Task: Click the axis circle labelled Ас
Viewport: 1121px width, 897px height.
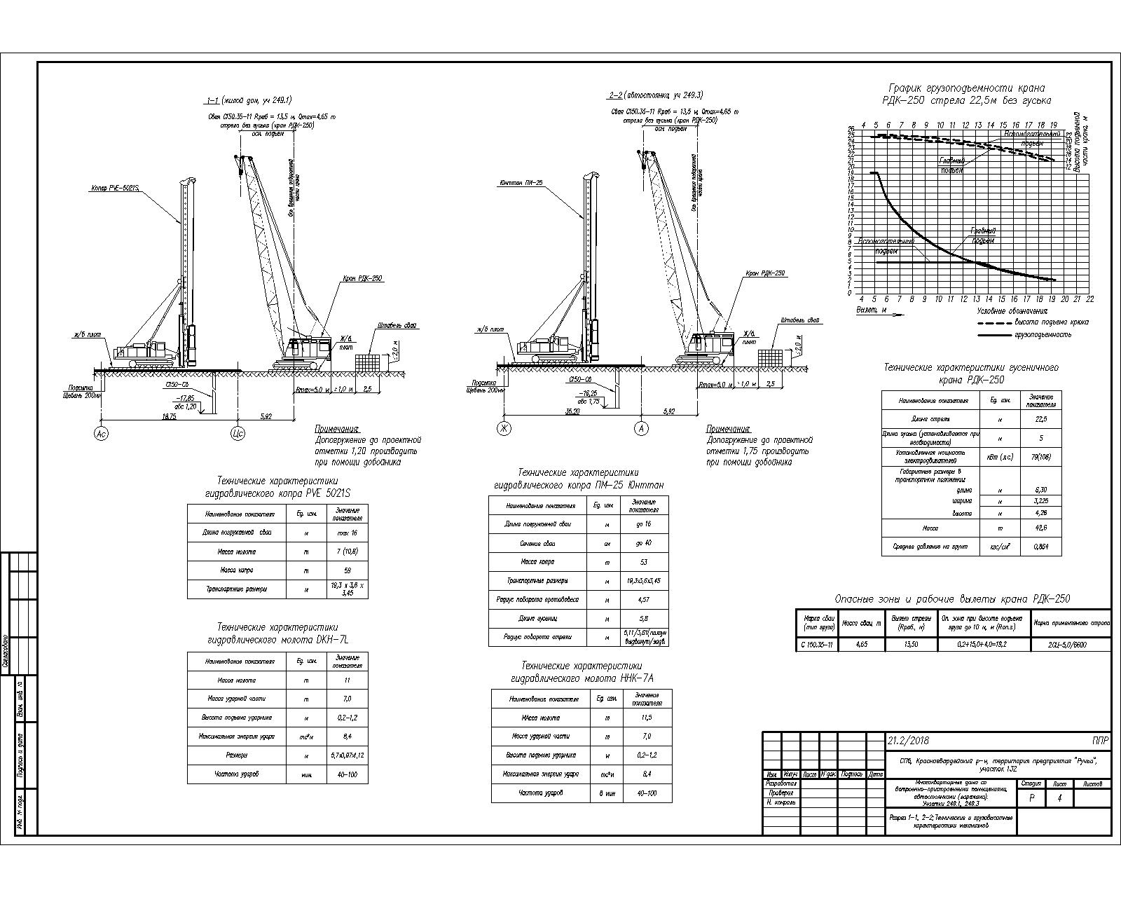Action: (x=101, y=434)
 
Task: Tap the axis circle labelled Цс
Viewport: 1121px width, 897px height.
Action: (x=237, y=434)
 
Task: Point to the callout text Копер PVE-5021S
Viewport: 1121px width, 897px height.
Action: (x=115, y=189)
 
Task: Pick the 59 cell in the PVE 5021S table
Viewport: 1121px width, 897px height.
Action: (x=347, y=570)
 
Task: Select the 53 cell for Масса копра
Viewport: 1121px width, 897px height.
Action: (x=644, y=562)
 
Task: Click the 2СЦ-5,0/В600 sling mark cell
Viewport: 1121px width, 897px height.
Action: (x=1069, y=644)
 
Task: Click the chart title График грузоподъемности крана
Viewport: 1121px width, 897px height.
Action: (x=967, y=88)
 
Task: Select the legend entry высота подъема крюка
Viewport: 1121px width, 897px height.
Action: (x=1051, y=322)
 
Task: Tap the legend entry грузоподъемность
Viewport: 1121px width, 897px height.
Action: (x=1043, y=335)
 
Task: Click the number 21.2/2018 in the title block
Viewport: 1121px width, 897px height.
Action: (x=908, y=740)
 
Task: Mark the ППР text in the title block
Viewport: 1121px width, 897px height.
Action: (x=1099, y=740)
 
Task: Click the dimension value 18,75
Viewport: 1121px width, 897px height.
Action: (x=169, y=416)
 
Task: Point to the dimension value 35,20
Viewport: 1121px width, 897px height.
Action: (x=572, y=411)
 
